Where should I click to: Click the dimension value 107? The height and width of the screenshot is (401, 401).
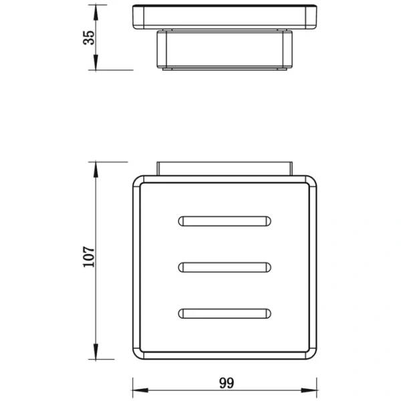point(88,257)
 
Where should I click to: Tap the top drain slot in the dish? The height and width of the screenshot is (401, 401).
point(224,221)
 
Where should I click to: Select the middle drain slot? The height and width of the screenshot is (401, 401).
point(224,267)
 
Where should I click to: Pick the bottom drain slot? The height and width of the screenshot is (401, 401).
point(224,312)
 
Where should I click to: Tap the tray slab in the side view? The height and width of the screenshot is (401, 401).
point(224,17)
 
